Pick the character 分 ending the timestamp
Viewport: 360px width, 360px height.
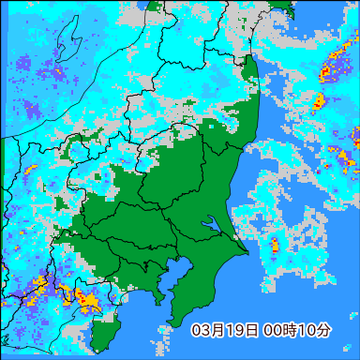[322, 330]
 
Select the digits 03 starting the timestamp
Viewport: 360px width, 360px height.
[200, 330]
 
